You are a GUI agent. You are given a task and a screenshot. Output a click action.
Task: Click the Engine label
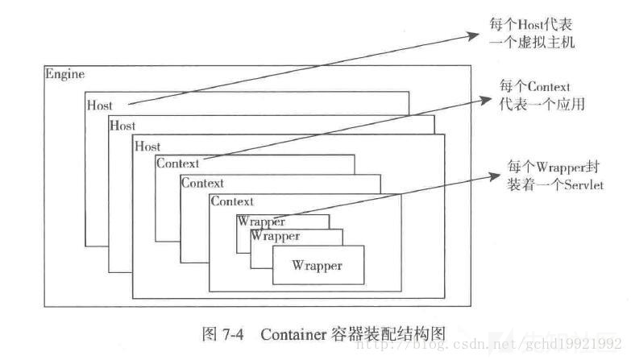[65, 74]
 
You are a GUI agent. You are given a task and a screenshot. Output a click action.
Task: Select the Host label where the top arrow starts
[100, 105]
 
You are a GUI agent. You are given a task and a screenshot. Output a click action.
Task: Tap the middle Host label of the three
[122, 126]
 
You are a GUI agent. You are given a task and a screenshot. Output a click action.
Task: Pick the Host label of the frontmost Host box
[148, 147]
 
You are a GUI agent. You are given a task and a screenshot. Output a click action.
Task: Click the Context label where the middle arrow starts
[178, 163]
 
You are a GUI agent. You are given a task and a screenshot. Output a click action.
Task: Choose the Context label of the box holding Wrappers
[232, 201]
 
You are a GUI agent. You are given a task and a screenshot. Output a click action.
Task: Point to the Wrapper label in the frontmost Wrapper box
[317, 265]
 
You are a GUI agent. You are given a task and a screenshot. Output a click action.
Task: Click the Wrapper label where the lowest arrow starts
[260, 221]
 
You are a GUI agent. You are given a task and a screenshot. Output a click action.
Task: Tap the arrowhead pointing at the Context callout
[486, 98]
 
